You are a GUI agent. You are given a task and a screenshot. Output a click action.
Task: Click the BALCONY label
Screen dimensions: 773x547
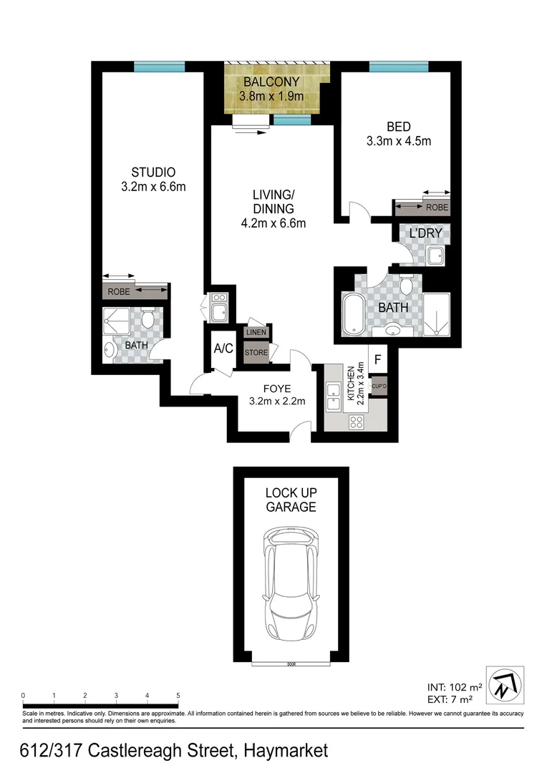272,82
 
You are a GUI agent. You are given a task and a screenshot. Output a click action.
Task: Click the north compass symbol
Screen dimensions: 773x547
505,683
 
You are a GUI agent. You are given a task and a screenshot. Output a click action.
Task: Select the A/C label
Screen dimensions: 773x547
223,349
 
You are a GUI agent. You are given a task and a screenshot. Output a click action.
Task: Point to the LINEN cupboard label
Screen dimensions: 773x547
256,333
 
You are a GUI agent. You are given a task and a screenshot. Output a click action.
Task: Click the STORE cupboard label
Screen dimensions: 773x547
256,352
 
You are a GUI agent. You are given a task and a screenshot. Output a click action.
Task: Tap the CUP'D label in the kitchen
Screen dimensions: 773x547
379,387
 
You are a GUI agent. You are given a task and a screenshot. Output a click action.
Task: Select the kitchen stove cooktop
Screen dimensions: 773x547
355,422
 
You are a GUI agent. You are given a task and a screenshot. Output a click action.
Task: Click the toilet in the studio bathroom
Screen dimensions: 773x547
147,319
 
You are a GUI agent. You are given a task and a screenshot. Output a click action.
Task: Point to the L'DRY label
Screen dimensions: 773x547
425,233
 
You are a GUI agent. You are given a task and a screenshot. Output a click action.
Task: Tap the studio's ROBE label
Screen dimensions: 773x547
120,292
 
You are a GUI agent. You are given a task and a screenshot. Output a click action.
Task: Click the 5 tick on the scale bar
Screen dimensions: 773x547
178,695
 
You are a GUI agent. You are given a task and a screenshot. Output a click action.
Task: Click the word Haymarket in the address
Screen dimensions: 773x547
286,750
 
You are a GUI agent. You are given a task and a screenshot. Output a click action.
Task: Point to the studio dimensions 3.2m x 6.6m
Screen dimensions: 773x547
153,188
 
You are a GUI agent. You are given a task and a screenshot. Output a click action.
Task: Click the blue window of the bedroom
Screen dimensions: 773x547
399,67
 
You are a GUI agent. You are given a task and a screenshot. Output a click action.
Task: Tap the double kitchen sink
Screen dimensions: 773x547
333,397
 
